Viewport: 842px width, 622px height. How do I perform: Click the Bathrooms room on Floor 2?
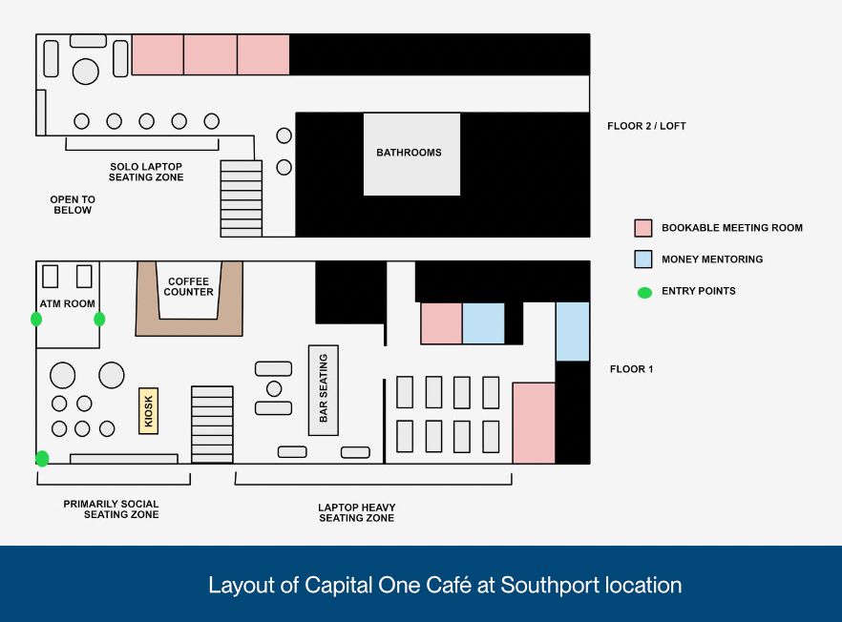tap(411, 154)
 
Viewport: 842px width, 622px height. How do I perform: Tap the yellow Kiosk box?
tap(147, 411)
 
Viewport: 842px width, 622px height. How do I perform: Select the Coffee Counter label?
tap(189, 286)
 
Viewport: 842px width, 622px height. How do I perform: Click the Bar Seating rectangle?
tap(324, 389)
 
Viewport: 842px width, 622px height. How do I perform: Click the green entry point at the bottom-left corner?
tap(42, 459)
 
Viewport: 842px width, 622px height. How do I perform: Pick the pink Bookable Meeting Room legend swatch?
tap(642, 228)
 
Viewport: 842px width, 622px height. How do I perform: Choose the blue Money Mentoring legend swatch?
tap(642, 259)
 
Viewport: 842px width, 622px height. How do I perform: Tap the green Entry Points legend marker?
tap(644, 292)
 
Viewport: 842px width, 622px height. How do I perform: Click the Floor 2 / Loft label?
tap(646, 126)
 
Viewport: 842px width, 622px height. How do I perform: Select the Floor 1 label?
tap(632, 369)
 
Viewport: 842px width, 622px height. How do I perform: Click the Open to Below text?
tap(73, 204)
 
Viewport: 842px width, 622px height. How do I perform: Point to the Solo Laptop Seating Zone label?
tap(146, 172)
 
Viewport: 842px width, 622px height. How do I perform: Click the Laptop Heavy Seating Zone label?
tap(356, 512)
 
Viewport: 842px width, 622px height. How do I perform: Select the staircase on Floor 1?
tap(212, 424)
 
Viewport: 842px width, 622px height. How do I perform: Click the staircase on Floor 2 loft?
tap(241, 197)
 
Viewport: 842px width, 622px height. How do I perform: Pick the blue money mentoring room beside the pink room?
tap(483, 323)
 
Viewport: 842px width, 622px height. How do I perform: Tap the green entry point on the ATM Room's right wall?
tap(99, 319)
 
